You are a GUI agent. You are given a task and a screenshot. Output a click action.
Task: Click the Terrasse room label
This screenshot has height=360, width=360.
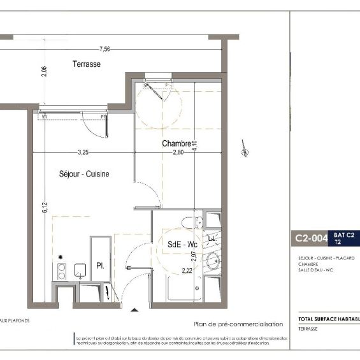(87, 64)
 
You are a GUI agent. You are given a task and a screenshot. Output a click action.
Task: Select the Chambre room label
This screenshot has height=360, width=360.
(176, 143)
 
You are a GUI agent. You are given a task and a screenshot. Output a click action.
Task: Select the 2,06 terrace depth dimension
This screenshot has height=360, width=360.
(44, 71)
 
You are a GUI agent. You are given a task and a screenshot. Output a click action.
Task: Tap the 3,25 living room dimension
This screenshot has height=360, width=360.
(83, 152)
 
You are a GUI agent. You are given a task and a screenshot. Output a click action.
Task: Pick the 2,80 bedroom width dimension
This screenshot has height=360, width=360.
(176, 152)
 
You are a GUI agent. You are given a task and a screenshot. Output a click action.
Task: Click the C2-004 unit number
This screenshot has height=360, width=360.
(311, 239)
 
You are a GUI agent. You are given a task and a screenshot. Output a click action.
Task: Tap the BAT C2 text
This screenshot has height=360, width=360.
(345, 234)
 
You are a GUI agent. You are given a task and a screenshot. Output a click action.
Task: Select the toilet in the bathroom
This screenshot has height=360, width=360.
(189, 222)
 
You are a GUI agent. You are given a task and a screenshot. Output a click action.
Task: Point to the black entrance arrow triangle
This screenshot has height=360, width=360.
(134, 310)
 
